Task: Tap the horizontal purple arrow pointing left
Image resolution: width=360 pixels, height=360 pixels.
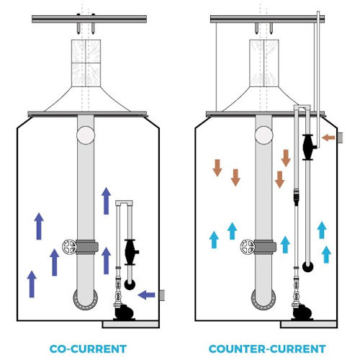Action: [146, 294]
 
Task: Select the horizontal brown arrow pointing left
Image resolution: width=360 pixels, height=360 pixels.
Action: [329, 138]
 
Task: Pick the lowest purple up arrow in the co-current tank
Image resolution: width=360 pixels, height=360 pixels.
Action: [31, 284]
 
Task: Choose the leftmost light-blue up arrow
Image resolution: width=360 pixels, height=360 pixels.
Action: [214, 238]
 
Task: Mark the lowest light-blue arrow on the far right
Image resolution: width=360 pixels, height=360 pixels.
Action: [328, 253]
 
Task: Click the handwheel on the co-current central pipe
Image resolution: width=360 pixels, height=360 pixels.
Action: [69, 246]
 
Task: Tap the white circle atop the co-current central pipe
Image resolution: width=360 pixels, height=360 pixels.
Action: [85, 134]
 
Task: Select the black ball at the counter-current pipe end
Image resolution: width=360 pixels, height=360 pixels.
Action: [307, 267]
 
